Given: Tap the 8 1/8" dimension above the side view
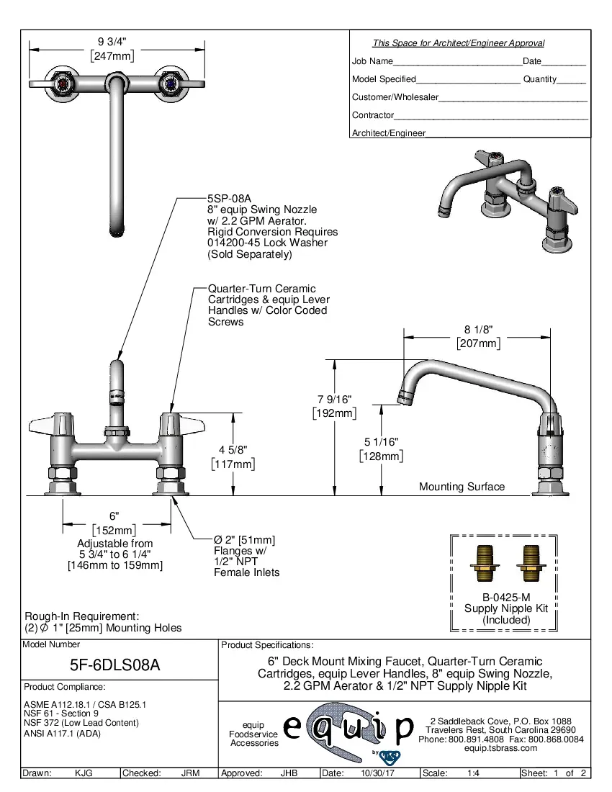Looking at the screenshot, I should [x=478, y=330].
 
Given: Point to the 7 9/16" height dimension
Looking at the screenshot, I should [x=335, y=399].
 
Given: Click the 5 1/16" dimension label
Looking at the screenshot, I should [x=381, y=441].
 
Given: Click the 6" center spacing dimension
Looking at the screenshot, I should [x=114, y=516].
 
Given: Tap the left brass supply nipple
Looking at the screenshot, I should [x=484, y=564].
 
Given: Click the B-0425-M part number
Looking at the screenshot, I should [x=505, y=597].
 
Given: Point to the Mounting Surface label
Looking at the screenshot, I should [x=462, y=487].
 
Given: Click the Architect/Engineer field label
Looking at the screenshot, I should [x=389, y=133].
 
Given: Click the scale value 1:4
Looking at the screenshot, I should [x=473, y=773].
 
